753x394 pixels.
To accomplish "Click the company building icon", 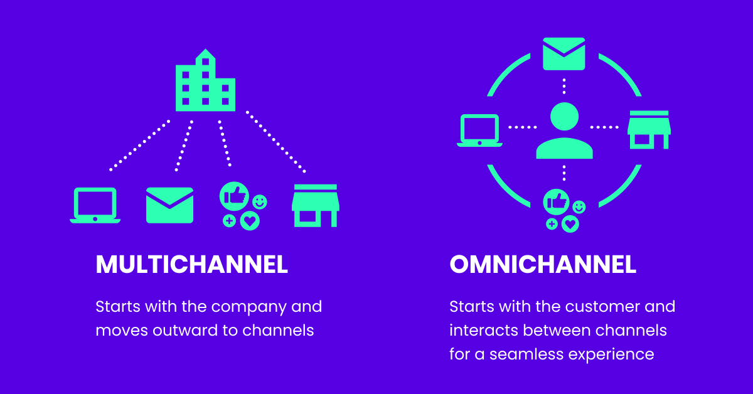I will (205, 83).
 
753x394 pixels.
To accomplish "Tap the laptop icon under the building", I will (95, 205).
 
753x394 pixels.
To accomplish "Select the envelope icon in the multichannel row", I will (169, 205).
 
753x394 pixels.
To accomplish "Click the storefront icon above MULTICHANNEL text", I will (315, 205).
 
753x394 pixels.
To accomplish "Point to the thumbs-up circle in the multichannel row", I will (234, 197).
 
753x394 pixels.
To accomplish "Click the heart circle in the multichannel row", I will (250, 220).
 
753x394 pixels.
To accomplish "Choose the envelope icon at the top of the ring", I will (563, 54).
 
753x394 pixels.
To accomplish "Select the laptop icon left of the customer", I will (479, 130).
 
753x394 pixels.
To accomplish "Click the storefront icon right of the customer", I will (649, 130).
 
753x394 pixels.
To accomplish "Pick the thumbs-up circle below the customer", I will (557, 201).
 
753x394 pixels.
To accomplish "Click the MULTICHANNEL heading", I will (191, 265).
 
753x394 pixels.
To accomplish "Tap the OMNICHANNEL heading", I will (543, 265).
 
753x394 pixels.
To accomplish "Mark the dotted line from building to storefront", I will (275, 141).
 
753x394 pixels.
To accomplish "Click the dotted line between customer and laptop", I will (522, 127).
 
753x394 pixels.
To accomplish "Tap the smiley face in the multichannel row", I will (259, 202).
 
